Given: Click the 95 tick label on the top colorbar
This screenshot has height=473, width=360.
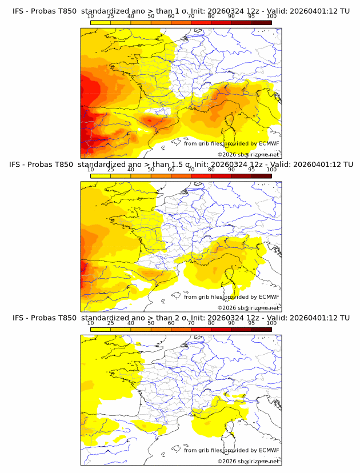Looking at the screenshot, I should (251, 17).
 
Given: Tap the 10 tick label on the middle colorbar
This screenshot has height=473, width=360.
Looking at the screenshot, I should (90, 169).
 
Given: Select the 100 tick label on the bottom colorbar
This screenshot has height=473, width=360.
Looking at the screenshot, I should (271, 323).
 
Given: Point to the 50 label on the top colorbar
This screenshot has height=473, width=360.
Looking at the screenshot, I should (151, 17).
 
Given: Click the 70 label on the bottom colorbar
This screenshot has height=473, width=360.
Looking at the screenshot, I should (191, 323).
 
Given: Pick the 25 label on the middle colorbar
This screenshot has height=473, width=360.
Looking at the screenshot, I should (110, 169).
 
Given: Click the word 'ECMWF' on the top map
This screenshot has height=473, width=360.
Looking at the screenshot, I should (269, 143).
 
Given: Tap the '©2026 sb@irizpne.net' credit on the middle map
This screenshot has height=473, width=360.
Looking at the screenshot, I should (248, 307).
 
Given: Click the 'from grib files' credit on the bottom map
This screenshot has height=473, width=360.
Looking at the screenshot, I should (203, 450).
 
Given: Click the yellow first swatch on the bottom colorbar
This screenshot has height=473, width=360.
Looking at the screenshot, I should (100, 329).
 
